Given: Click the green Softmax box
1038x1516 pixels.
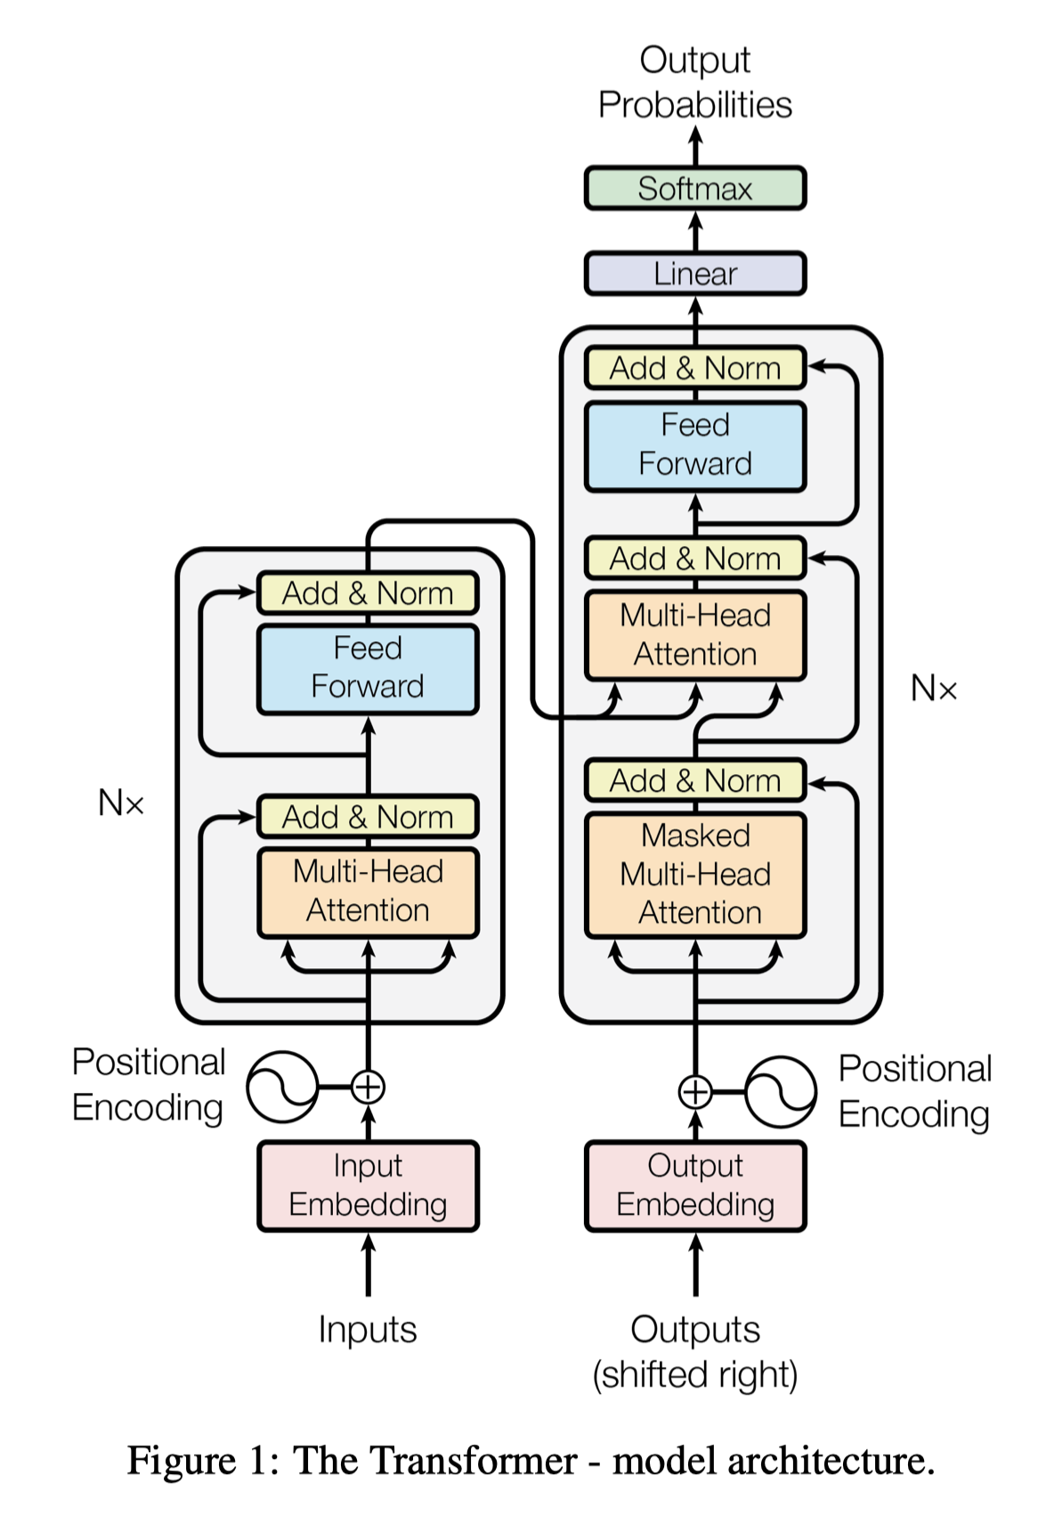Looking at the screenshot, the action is click(x=695, y=188).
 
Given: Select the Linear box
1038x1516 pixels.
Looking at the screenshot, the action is click(x=695, y=273).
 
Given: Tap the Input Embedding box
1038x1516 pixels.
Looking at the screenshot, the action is click(x=368, y=1186).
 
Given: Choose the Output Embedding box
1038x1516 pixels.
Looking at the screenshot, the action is click(x=695, y=1186).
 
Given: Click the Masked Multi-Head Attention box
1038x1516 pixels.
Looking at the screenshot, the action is click(x=695, y=875).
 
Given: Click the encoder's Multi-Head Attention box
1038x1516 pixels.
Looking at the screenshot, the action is click(x=368, y=892).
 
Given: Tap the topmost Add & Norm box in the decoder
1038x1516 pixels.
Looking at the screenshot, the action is click(x=695, y=368).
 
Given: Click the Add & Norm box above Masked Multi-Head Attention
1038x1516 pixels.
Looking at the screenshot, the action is click(x=695, y=780).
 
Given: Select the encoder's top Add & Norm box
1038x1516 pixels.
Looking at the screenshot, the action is click(x=368, y=593).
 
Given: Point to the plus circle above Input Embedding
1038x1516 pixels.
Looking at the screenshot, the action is click(x=368, y=1087).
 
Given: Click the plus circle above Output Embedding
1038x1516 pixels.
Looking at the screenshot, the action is click(x=695, y=1092).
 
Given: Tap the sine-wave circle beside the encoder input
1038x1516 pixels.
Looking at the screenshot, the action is click(x=282, y=1087).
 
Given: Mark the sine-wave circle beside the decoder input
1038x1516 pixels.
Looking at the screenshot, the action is click(x=781, y=1092).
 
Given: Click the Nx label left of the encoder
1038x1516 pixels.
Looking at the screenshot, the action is click(x=121, y=803).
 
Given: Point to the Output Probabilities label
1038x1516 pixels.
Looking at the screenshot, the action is click(x=695, y=82).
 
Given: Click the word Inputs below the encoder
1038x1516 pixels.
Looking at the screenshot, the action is click(x=368, y=1330).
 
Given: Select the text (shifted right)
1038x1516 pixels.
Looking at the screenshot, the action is click(x=695, y=1374).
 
